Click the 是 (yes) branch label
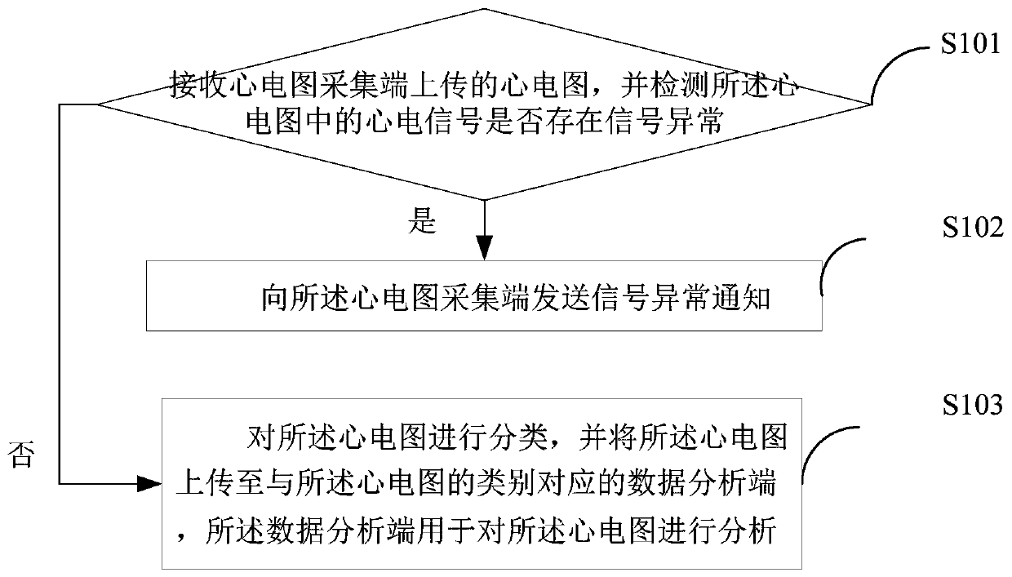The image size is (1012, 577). pos(423,221)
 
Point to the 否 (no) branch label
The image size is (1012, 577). pos(21,455)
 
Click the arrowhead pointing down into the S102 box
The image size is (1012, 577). pos(485,248)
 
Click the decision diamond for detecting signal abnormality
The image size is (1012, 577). pos(485,104)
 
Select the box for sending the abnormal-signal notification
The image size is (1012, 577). pos(485,295)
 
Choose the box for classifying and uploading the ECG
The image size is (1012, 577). pos(485,483)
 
